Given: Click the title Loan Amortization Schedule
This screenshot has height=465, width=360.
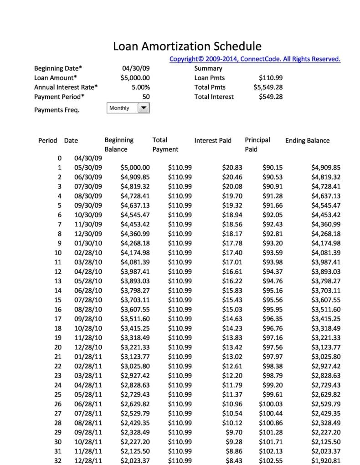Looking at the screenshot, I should (x=187, y=46).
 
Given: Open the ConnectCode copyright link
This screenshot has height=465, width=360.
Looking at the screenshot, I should (x=255, y=59).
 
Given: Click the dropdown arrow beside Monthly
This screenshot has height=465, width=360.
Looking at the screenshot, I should (x=143, y=108).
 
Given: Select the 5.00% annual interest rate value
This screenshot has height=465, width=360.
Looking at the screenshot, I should (x=140, y=87).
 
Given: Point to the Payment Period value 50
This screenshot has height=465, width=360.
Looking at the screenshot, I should (x=145, y=97).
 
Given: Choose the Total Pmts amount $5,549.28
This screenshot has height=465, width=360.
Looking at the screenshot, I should (x=267, y=87).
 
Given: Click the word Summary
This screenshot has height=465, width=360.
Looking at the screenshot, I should (x=208, y=68).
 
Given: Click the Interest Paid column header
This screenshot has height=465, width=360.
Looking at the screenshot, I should (x=213, y=140).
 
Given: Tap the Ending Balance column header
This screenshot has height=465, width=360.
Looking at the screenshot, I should (x=307, y=140).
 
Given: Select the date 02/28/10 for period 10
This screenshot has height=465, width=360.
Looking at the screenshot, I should (x=88, y=252).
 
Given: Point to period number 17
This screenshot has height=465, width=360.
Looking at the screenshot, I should (x=58, y=319).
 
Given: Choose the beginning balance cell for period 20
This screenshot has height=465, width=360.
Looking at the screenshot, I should (x=135, y=347).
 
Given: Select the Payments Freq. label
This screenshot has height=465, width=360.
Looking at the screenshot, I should (x=57, y=110).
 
